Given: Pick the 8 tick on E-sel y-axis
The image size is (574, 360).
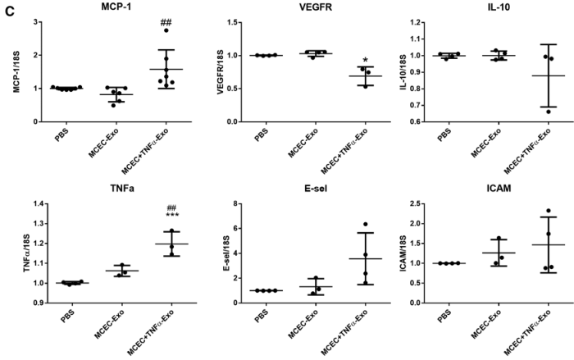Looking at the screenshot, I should pyautogui.click(x=228, y=203).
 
